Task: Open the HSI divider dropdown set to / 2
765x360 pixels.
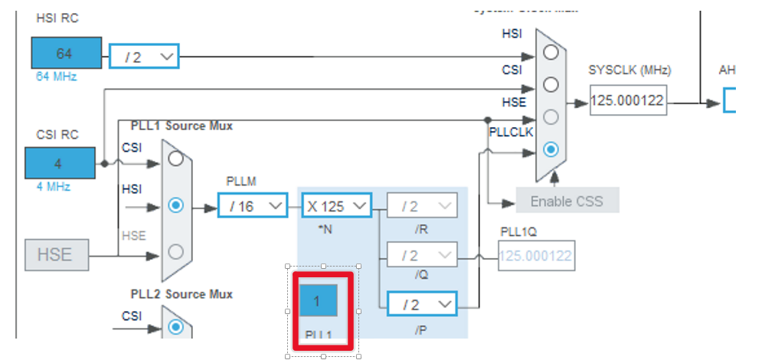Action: (x=143, y=56)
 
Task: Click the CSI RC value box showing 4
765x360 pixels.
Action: (x=58, y=163)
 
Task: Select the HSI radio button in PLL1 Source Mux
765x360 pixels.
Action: (x=176, y=205)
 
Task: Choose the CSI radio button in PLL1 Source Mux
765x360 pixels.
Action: (x=176, y=159)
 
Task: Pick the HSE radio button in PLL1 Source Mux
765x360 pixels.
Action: (x=176, y=250)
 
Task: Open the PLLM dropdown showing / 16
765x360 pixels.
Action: (x=252, y=205)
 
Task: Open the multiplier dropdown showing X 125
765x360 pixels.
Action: (x=336, y=205)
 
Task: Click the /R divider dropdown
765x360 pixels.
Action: (x=421, y=205)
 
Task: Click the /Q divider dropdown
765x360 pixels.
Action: (x=421, y=254)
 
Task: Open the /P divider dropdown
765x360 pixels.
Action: (x=421, y=304)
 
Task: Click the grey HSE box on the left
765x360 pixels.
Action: (x=57, y=254)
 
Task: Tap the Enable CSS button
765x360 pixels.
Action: (x=567, y=201)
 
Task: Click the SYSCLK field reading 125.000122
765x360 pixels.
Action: (x=628, y=100)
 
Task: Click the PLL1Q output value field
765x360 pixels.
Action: (x=535, y=255)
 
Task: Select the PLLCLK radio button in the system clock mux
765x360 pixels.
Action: (x=551, y=149)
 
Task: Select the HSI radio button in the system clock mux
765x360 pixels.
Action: (x=551, y=52)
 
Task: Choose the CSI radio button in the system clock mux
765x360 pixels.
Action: (x=551, y=84)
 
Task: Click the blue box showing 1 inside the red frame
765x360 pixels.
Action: (x=317, y=301)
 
